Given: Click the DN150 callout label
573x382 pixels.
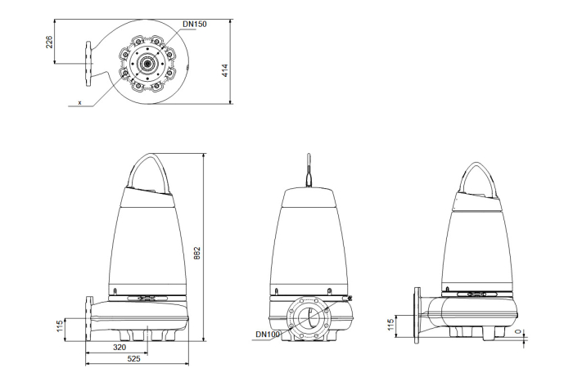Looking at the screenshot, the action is tap(195, 24).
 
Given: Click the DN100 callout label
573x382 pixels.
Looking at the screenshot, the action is tap(268, 334).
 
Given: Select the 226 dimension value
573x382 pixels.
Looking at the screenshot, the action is tap(49, 42).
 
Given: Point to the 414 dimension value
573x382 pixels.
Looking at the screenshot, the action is tap(225, 70).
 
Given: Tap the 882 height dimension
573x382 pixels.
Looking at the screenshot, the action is tap(197, 253).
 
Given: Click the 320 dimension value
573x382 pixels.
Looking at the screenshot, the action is tap(120, 348).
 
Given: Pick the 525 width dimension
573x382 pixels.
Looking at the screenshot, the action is tap(133, 358).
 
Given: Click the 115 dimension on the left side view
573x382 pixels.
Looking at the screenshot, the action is tap(60, 326).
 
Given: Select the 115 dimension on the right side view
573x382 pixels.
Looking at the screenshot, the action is tap(390, 325).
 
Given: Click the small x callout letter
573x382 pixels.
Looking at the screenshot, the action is tap(79, 102).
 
